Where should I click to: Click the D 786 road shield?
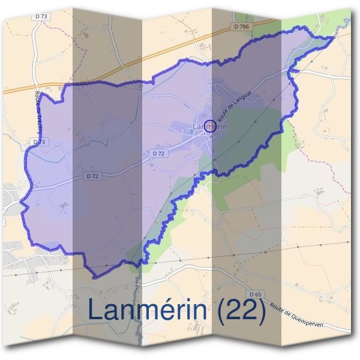[x=240, y=26]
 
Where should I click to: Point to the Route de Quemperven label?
[x=297, y=314]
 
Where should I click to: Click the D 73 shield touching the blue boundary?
[x=38, y=142]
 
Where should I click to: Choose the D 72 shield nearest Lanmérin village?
[x=158, y=154]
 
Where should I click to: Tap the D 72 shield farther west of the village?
[x=92, y=176]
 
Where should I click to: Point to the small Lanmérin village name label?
[x=210, y=127]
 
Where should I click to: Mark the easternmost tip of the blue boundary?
[x=334, y=37]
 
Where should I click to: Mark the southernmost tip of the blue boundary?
[x=95, y=278]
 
